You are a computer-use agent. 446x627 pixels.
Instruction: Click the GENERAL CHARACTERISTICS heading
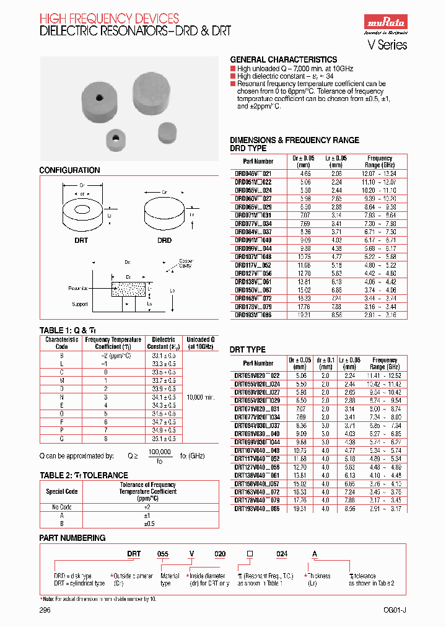tap(284, 59)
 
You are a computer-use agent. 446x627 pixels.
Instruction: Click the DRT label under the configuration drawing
tap(82, 240)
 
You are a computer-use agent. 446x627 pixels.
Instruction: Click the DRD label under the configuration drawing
tap(164, 240)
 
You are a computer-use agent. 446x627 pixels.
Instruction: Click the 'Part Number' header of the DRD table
tap(258, 161)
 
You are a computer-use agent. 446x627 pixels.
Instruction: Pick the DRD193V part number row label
tap(253, 315)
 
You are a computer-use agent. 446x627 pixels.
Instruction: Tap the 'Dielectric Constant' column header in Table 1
tap(164, 343)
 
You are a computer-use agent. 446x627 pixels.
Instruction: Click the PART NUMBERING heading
tap(72, 538)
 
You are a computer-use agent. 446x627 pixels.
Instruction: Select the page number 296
tap(45, 610)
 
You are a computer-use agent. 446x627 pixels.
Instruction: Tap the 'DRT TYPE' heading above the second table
tap(248, 350)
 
